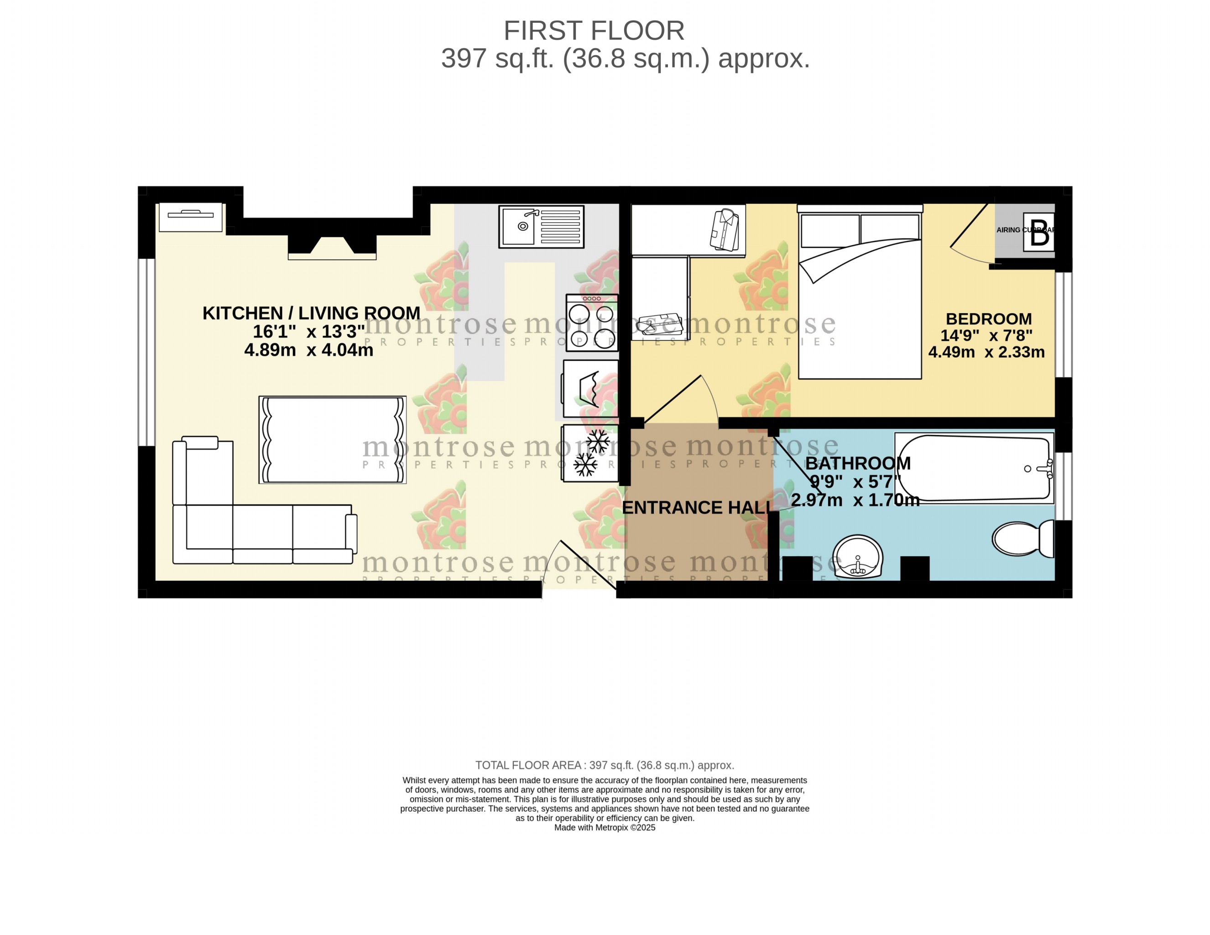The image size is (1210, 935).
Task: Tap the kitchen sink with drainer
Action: coord(541,226)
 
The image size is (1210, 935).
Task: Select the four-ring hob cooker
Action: coord(591,323)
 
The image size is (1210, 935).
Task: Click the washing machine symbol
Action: coord(590,388)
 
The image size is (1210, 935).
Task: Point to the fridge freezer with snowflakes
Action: coord(590,453)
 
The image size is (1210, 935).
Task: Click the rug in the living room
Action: coord(333,439)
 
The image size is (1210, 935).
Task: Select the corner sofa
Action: coord(233,527)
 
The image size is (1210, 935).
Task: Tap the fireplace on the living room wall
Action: coord(332,246)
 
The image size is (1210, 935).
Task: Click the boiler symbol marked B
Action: coord(1039,232)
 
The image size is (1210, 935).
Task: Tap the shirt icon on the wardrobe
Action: coord(725,229)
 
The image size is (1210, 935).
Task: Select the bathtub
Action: coord(974,468)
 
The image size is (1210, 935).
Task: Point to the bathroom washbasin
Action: coord(858,556)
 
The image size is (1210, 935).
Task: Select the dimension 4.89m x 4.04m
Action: coord(308,350)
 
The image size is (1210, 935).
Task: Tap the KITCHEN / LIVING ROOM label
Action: coord(311,313)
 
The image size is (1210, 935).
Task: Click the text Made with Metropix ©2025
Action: coord(605,827)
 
